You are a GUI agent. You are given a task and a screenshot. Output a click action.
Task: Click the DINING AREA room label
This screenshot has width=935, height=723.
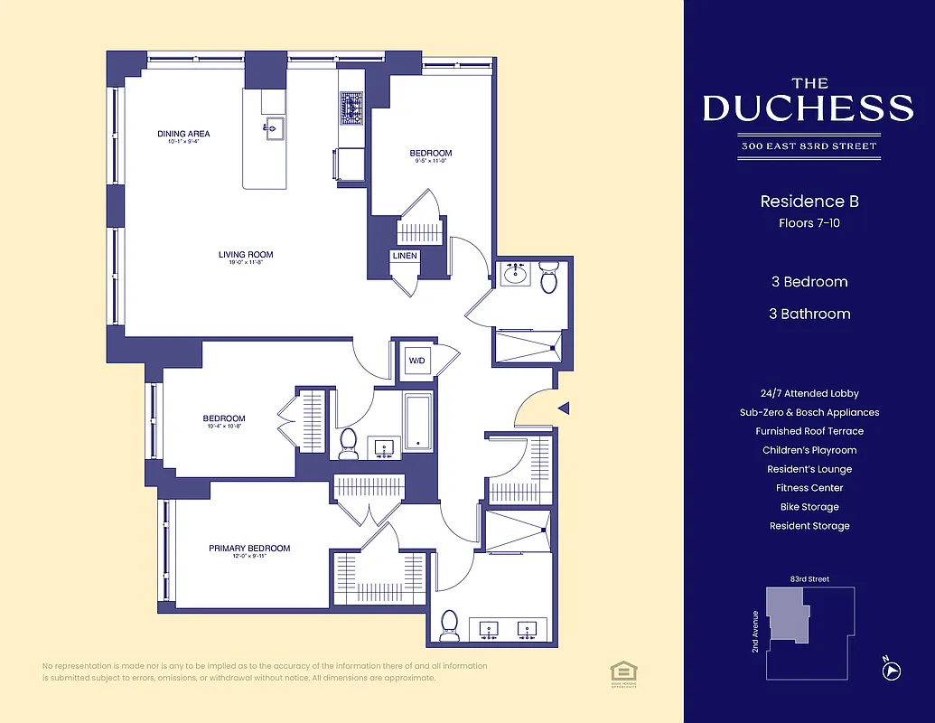click(183, 135)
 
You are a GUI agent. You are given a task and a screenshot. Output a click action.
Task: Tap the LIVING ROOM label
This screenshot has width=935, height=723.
click(246, 255)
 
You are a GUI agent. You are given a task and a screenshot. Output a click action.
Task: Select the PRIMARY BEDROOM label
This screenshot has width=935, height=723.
click(249, 549)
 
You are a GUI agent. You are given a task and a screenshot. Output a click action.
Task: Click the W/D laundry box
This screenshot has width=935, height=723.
click(416, 361)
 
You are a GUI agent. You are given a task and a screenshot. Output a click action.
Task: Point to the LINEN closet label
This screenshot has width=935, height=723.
click(405, 256)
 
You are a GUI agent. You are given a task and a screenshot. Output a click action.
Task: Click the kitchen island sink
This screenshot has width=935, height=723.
click(274, 127)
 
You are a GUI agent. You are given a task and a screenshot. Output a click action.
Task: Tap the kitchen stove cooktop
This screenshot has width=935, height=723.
click(351, 108)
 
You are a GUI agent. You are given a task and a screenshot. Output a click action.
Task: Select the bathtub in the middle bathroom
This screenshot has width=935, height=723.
click(418, 421)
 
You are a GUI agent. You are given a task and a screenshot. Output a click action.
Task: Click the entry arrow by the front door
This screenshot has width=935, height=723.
click(563, 409)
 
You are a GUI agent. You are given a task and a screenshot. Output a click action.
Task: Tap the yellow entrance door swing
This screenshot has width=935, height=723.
click(533, 411)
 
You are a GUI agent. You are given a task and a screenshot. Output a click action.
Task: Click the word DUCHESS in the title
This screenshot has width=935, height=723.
click(809, 108)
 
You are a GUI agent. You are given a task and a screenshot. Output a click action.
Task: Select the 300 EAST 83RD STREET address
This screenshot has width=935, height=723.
click(809, 146)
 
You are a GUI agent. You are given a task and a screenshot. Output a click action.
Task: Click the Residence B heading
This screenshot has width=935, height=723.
click(809, 202)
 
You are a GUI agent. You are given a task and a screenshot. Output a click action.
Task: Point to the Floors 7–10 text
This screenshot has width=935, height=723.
click(809, 222)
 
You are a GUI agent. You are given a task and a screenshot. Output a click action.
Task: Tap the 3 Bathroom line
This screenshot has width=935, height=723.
click(809, 314)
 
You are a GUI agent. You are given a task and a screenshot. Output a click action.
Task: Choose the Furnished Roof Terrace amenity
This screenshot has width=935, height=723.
click(809, 431)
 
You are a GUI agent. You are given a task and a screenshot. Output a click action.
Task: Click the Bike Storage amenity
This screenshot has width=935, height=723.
click(809, 507)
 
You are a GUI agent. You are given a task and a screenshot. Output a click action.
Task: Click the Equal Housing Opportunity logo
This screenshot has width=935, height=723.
click(622, 671)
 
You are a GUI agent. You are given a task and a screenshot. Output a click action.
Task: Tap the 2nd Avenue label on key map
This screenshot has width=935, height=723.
click(755, 632)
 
